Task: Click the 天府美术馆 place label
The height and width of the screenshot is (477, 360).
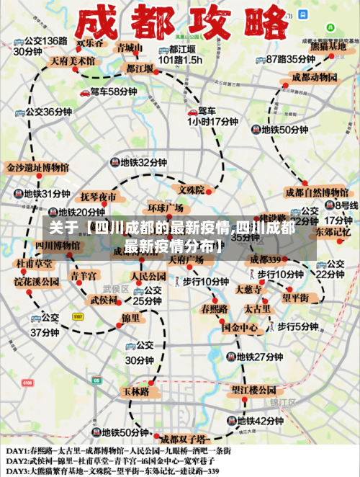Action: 72,61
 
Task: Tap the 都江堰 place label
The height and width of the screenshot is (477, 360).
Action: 139,68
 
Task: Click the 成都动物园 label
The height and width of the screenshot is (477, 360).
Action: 315,77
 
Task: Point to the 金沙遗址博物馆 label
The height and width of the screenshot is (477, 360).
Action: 37,167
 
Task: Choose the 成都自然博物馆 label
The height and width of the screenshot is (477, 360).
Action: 317,192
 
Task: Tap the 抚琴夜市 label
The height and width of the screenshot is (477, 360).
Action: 99,196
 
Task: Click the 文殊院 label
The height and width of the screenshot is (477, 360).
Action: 192,190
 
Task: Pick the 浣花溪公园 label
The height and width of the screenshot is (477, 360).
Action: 36,282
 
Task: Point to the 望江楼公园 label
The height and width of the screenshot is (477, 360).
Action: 255,390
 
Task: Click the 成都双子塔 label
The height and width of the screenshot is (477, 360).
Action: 184,437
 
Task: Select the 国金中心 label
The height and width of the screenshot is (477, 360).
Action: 240,327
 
